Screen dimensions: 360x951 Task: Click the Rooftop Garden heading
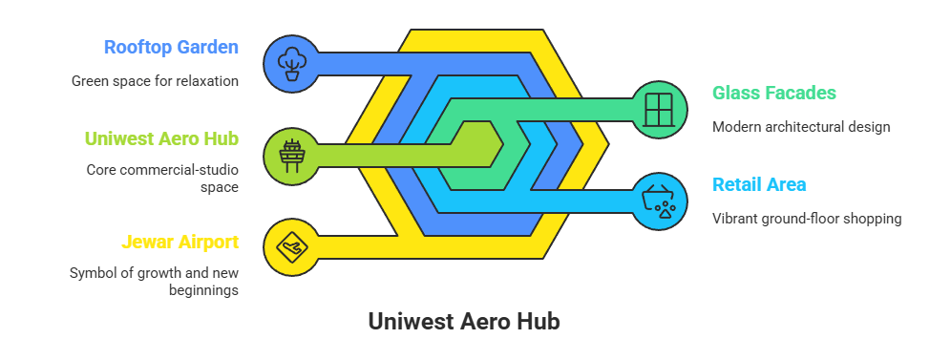click(x=171, y=47)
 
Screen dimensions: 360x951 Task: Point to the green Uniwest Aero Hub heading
click(x=161, y=138)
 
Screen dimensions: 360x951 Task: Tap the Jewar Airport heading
click(x=179, y=243)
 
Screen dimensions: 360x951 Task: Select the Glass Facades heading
click(x=774, y=93)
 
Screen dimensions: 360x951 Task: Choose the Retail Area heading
click(x=759, y=184)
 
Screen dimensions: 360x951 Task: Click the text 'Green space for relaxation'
click(x=155, y=81)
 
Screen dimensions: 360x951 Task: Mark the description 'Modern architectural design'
click(x=801, y=127)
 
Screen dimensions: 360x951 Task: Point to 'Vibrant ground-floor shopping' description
click(x=807, y=219)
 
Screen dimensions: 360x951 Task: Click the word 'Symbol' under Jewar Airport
click(x=93, y=273)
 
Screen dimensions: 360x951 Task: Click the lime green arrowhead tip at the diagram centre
click(x=497, y=145)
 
